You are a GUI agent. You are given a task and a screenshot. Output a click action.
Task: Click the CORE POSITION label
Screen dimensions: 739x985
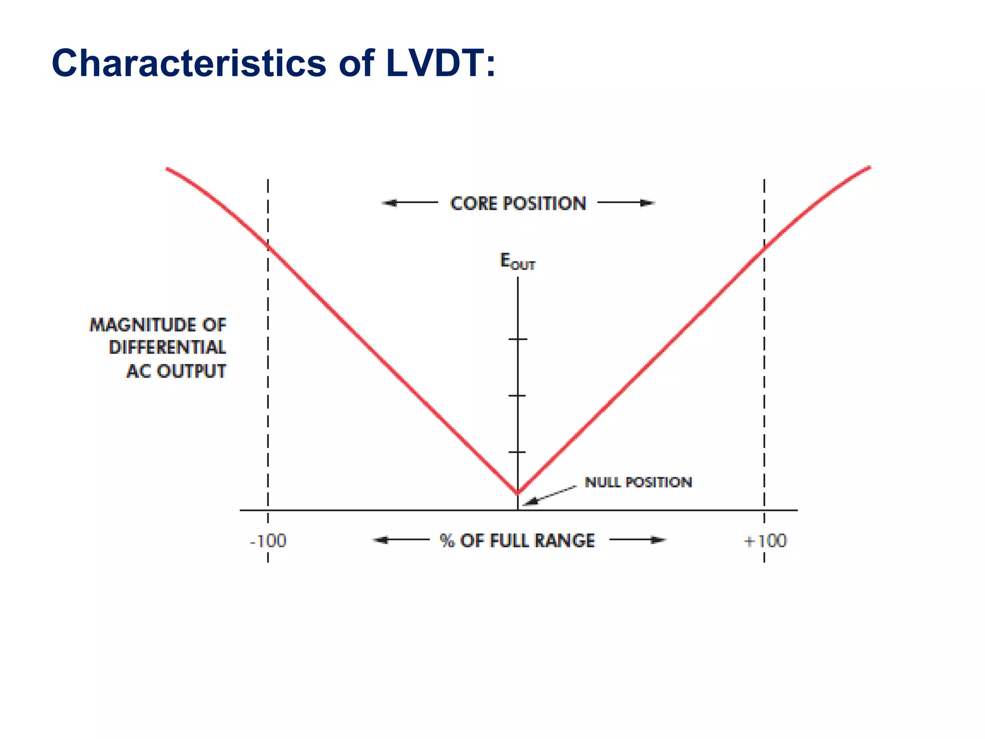click(x=518, y=204)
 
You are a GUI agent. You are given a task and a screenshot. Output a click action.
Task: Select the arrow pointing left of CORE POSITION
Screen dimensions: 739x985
click(x=409, y=203)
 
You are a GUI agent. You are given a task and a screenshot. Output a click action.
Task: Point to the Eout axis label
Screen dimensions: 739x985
click(x=517, y=262)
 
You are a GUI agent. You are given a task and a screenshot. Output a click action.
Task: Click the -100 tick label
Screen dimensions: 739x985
click(x=268, y=541)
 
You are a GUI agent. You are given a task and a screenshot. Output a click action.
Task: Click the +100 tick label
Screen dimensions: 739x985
click(x=765, y=541)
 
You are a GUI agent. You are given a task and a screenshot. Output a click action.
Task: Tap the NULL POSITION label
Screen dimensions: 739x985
click(x=638, y=482)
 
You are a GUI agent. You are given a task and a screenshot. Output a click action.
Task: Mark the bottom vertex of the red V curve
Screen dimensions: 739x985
click(x=518, y=493)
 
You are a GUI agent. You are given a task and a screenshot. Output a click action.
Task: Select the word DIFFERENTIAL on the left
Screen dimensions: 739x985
click(x=167, y=347)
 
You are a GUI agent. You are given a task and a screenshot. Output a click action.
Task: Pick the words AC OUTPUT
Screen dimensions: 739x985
click(x=176, y=371)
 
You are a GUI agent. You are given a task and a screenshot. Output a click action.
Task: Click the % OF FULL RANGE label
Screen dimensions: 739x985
click(x=517, y=541)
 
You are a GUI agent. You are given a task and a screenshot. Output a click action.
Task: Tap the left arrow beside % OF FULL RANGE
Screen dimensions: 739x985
click(x=401, y=540)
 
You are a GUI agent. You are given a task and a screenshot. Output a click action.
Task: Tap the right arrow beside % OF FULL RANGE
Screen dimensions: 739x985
click(x=638, y=540)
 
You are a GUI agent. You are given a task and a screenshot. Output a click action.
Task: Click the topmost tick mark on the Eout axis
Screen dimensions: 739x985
click(x=518, y=339)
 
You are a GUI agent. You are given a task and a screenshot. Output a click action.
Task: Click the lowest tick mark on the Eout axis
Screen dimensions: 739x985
click(x=518, y=452)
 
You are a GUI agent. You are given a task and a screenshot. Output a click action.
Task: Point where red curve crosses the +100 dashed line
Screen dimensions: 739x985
click(x=764, y=248)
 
